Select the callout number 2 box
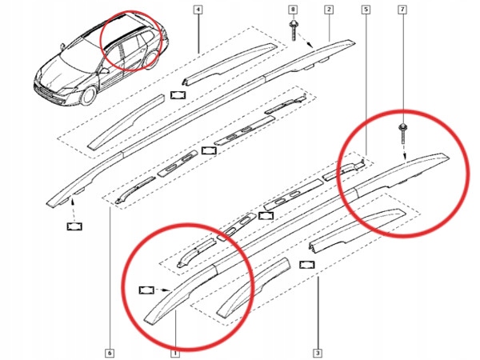[328, 10]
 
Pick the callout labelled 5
[366, 10]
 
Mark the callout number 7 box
[402, 10]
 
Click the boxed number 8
[293, 10]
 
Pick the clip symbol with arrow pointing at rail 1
[148, 290]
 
